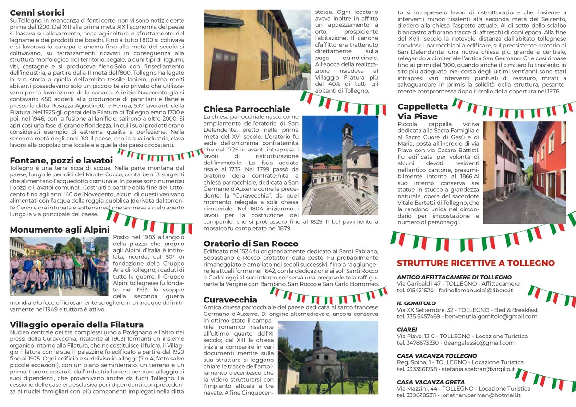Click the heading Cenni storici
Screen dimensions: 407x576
[x=37, y=13]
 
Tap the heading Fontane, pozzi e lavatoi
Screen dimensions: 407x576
[x=61, y=160]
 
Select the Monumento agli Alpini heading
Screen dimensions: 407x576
[x=60, y=230]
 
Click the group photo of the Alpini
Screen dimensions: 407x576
[x=59, y=266]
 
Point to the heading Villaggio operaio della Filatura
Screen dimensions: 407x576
[x=76, y=325]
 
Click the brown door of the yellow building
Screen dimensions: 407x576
[x=223, y=69]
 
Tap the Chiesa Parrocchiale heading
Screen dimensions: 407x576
[x=247, y=109]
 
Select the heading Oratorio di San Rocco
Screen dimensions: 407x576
[x=251, y=244]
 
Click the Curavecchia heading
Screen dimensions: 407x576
[x=230, y=300]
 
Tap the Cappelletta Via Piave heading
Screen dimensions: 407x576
[x=422, y=111]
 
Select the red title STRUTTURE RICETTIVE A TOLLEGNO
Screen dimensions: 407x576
[x=475, y=263]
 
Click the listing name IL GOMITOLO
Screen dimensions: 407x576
[x=416, y=303]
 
